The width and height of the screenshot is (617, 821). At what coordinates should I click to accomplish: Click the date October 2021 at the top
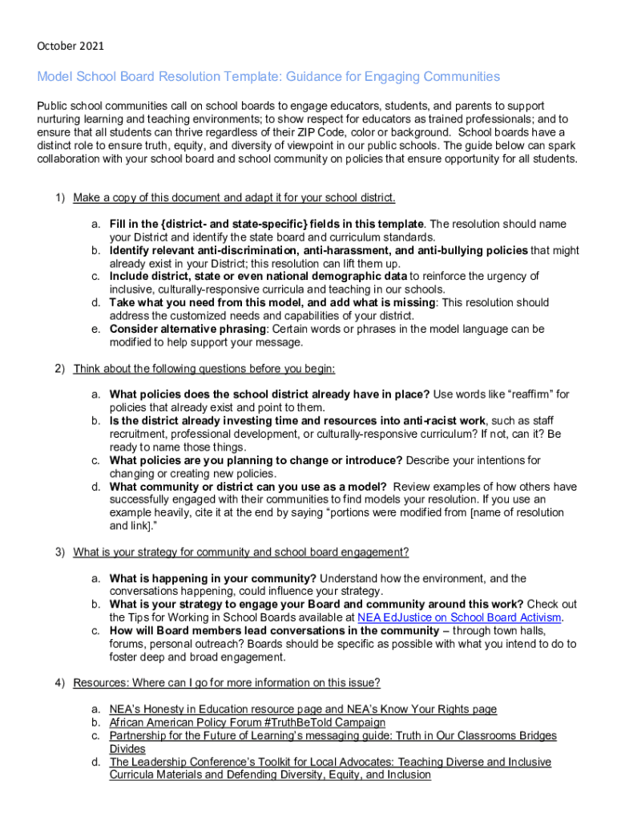coord(71,46)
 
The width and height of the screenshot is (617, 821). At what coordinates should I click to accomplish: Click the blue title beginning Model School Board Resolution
coord(268,77)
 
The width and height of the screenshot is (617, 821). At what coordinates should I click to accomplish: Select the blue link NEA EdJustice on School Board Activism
coord(460,617)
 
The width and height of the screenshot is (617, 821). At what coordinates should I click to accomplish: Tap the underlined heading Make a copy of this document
coord(234,198)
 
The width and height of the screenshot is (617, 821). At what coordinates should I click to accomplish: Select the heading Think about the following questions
coord(204,369)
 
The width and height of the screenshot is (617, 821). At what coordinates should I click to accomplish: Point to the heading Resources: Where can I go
coord(226,683)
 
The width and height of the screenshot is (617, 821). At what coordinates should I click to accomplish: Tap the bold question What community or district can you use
coord(248,487)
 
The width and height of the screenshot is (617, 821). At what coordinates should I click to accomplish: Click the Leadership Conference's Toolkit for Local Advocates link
coord(330,762)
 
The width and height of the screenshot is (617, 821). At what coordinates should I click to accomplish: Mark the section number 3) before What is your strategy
coord(59,552)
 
